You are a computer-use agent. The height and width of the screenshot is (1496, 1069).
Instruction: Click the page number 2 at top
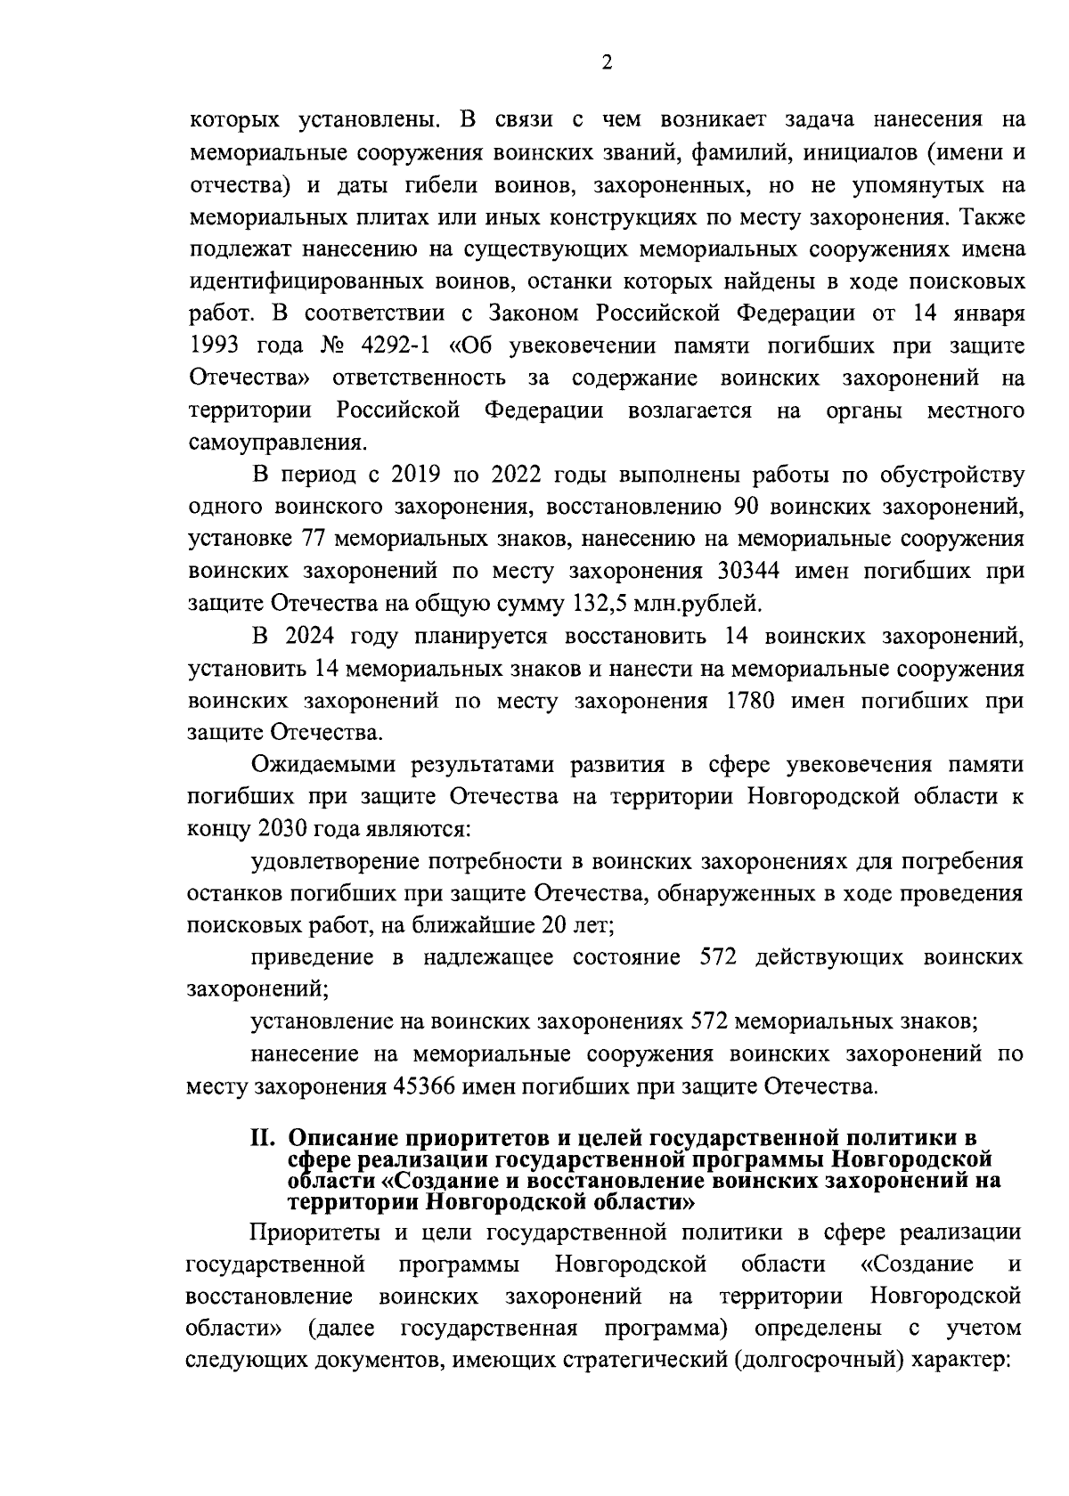click(x=607, y=62)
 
